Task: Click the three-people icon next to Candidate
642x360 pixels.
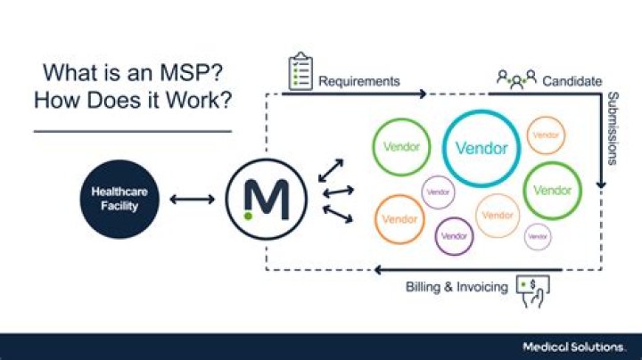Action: coord(516,80)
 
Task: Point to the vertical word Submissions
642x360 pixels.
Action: coord(613,128)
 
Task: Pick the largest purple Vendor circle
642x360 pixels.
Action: coord(454,236)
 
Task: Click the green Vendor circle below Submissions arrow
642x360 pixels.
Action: coord(552,190)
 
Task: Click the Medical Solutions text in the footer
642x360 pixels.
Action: coord(580,344)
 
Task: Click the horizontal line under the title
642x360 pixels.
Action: coord(132,131)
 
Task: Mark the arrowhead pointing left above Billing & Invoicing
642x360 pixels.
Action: coord(380,269)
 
